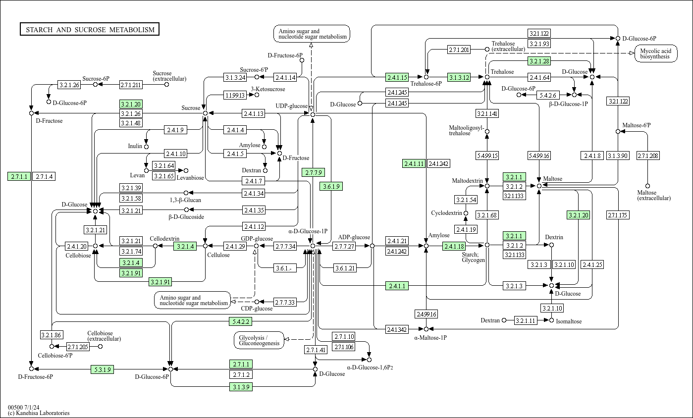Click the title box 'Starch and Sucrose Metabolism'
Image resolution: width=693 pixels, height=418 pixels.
[x=90, y=30]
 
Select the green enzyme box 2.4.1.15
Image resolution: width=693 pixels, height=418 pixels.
[x=397, y=77]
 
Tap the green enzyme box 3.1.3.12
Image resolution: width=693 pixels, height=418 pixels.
[x=459, y=77]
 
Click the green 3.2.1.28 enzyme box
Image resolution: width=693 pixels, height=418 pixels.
[x=539, y=61]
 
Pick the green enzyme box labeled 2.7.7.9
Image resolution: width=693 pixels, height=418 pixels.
[x=313, y=172]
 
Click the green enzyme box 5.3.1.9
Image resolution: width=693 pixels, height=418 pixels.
[x=103, y=369]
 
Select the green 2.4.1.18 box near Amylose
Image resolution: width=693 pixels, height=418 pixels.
[x=454, y=246]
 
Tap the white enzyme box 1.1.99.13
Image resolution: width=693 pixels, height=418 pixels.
[x=235, y=95]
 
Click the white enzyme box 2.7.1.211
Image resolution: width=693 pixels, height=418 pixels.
[x=131, y=85]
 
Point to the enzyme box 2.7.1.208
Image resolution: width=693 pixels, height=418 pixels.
[x=648, y=156]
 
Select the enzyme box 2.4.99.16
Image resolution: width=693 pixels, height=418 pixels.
[x=426, y=314]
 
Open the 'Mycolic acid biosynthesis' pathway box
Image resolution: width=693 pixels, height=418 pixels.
[x=655, y=54]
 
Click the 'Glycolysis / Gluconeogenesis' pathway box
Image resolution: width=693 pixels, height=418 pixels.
[x=259, y=340]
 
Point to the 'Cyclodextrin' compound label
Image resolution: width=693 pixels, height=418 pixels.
[x=446, y=213]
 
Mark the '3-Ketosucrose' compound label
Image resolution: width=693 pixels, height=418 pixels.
[x=268, y=90]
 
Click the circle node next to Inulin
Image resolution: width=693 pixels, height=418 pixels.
[x=146, y=147]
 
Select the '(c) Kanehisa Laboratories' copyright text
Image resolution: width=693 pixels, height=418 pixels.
[x=39, y=413]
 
